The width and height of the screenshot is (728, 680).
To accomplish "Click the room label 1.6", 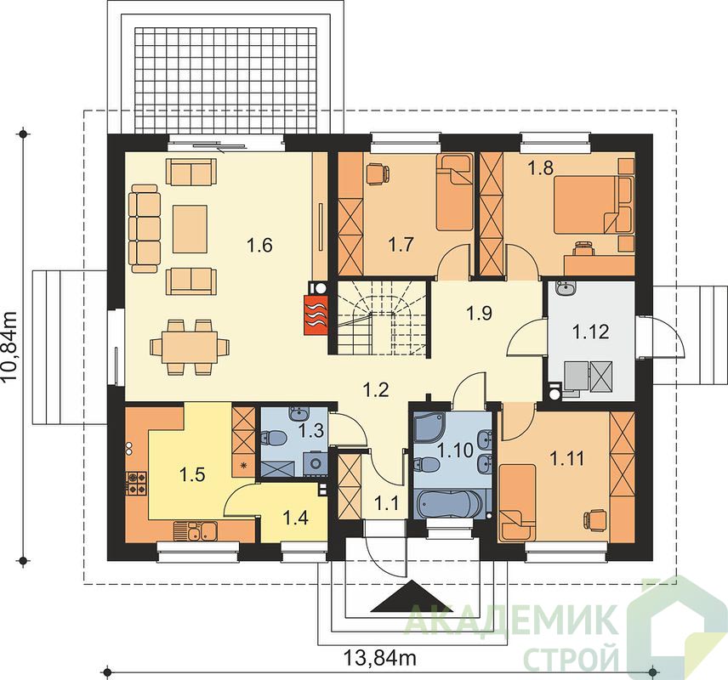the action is [259, 245].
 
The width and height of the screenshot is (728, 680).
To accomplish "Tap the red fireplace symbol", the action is [316, 314].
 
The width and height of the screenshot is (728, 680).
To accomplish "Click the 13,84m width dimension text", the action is [380, 657].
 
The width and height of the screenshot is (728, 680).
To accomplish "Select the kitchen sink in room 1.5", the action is [196, 530].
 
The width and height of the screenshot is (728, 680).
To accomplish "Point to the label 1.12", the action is [590, 331].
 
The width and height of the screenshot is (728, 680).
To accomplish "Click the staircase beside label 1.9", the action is [382, 318].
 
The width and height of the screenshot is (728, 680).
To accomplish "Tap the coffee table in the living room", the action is [190, 229].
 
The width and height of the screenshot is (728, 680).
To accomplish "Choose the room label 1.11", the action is [567, 459].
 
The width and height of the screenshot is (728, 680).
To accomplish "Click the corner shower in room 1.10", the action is [430, 427].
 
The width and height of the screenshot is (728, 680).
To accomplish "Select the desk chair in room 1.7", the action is [377, 174].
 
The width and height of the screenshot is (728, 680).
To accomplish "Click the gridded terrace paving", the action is [226, 79].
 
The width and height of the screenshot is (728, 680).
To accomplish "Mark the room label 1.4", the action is [296, 518].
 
